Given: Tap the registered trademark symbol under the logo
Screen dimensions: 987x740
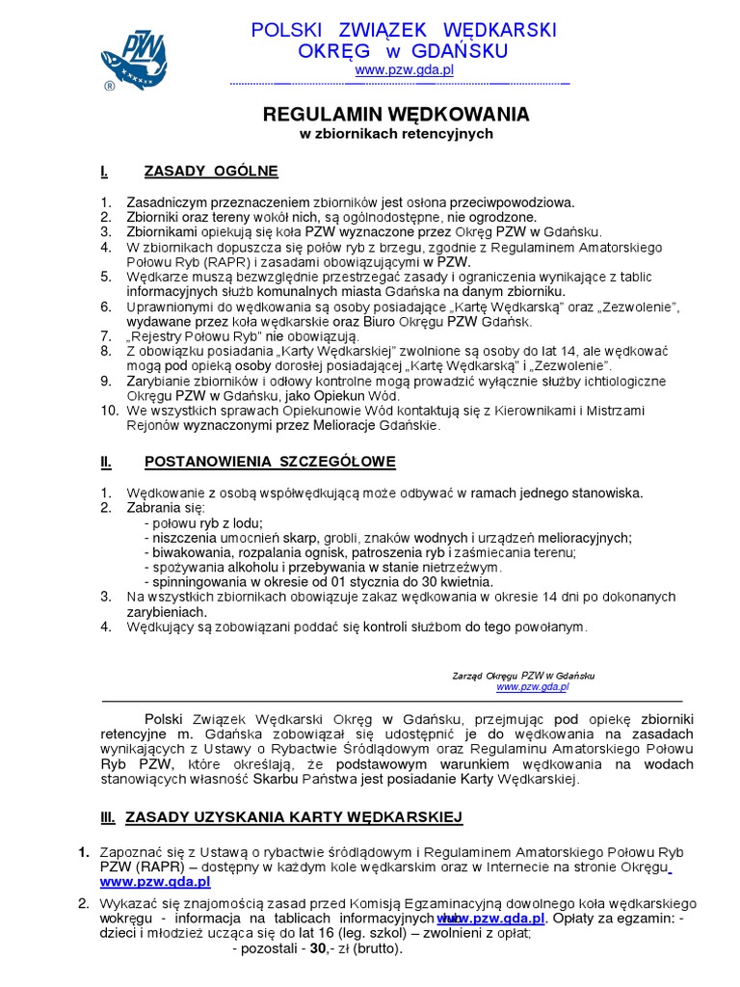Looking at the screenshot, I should pos(109,86).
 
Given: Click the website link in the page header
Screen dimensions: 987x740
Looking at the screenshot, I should pos(404,70).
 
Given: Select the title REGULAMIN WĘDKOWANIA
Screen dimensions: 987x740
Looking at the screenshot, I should pos(396,115).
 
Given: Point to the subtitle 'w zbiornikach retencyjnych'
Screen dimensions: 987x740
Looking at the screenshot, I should pos(396,134).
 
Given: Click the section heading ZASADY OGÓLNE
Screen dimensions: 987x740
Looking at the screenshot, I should pos(211,172).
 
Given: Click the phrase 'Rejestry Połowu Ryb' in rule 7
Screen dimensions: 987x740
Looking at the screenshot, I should pos(194,336).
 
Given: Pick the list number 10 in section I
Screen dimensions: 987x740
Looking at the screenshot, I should pos(108,410).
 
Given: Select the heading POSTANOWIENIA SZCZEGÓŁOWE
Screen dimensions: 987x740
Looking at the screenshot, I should pos(270,463).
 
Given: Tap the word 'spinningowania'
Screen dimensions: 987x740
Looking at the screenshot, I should pos(196,582).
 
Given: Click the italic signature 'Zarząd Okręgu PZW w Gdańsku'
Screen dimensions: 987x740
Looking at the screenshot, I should pos(524,676).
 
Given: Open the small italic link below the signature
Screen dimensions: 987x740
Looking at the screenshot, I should pos(533,687).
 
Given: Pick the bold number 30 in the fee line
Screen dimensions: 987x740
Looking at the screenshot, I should pos(316,948).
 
